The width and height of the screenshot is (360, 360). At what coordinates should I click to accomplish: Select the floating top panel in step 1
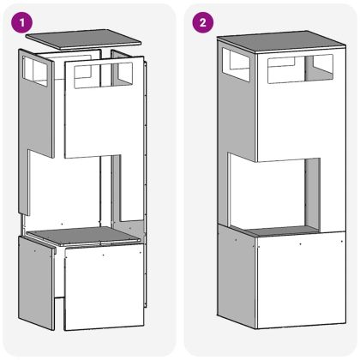[x=83, y=37]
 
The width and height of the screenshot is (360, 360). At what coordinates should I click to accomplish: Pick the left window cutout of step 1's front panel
[x=84, y=75]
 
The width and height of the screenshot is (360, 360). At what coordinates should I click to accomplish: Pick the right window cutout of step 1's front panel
[x=120, y=75]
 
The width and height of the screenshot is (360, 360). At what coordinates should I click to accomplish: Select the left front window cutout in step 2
[x=282, y=70]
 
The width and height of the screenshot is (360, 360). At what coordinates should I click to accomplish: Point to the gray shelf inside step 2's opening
[x=279, y=231]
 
